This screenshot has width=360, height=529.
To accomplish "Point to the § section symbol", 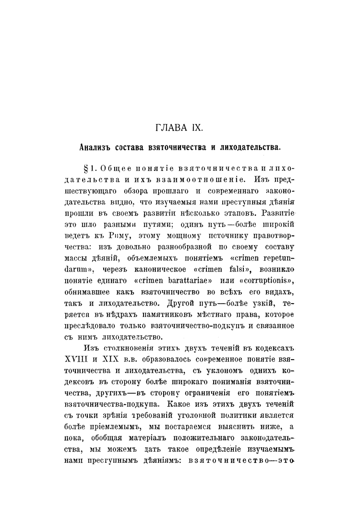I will (86, 169).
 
